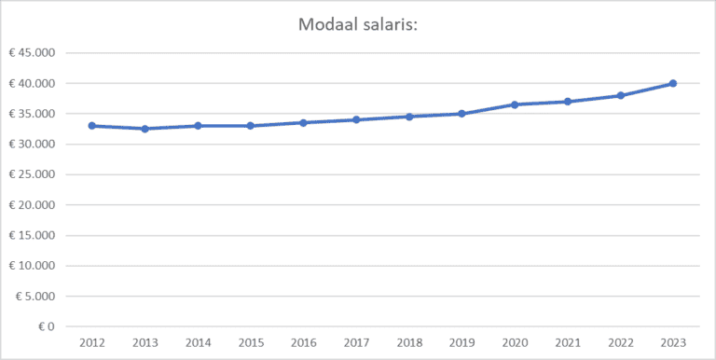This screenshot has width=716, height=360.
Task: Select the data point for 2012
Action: click(x=92, y=126)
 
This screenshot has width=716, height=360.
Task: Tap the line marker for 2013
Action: click(x=145, y=129)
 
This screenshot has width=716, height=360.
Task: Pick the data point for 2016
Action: click(x=303, y=122)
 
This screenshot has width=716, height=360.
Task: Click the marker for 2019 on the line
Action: click(x=461, y=114)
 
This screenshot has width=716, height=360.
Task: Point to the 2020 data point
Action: click(x=515, y=104)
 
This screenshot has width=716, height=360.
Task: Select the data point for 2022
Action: click(x=620, y=95)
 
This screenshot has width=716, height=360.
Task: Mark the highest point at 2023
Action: click(x=672, y=83)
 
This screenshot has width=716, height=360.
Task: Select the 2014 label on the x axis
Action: click(x=198, y=343)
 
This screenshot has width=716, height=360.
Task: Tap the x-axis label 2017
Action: click(x=356, y=343)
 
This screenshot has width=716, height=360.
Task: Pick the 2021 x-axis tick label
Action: click(x=567, y=343)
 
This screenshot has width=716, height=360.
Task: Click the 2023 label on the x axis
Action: click(x=672, y=343)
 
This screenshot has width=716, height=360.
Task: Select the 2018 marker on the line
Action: click(x=409, y=117)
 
